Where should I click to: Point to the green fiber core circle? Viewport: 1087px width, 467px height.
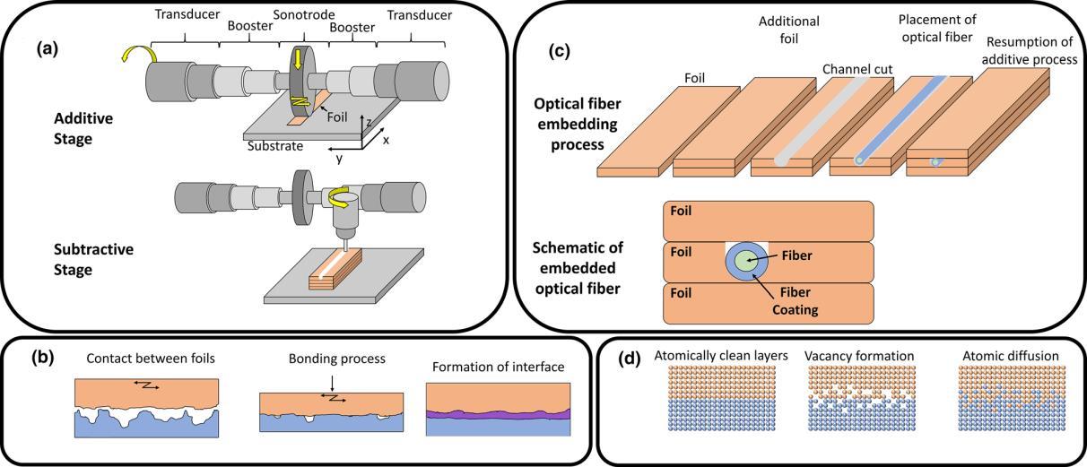click(x=747, y=259)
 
